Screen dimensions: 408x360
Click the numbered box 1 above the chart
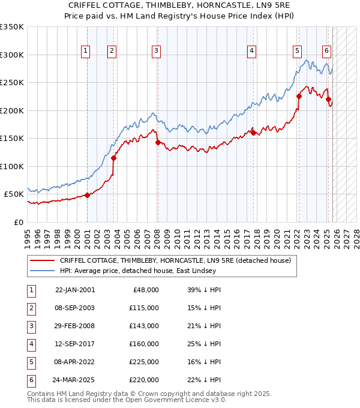coord(86,52)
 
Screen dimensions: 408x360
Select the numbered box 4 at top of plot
coord(251,52)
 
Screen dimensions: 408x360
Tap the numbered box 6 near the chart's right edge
coord(326,52)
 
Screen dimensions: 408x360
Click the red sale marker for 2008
coord(158,142)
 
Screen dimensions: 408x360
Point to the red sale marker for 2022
coord(299,96)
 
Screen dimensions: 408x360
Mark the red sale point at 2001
coord(88,195)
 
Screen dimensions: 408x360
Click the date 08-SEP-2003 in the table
coord(74,308)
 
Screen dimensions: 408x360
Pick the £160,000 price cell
coord(143,344)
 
